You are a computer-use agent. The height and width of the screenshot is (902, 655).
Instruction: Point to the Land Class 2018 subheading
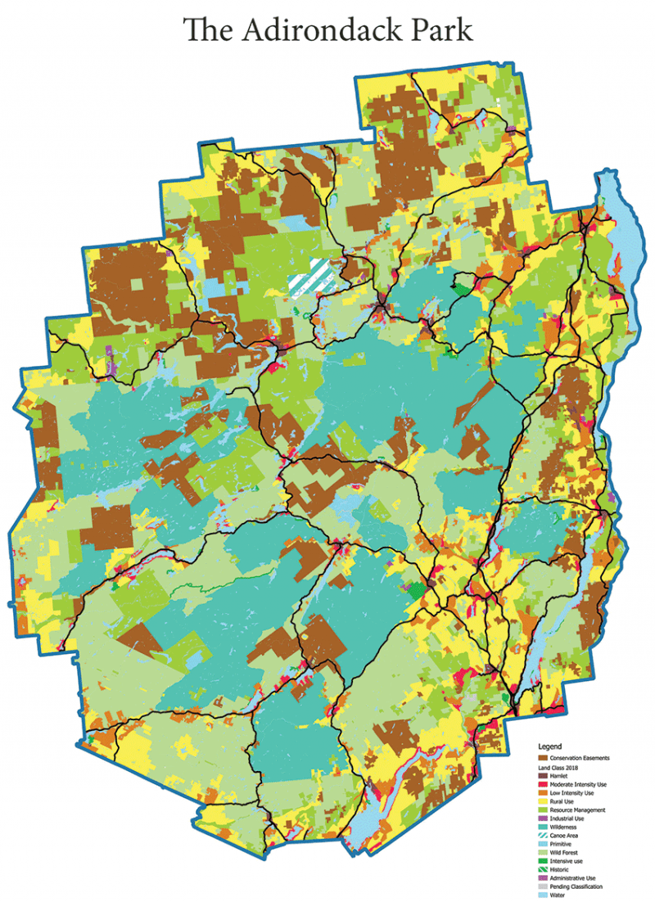561,767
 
